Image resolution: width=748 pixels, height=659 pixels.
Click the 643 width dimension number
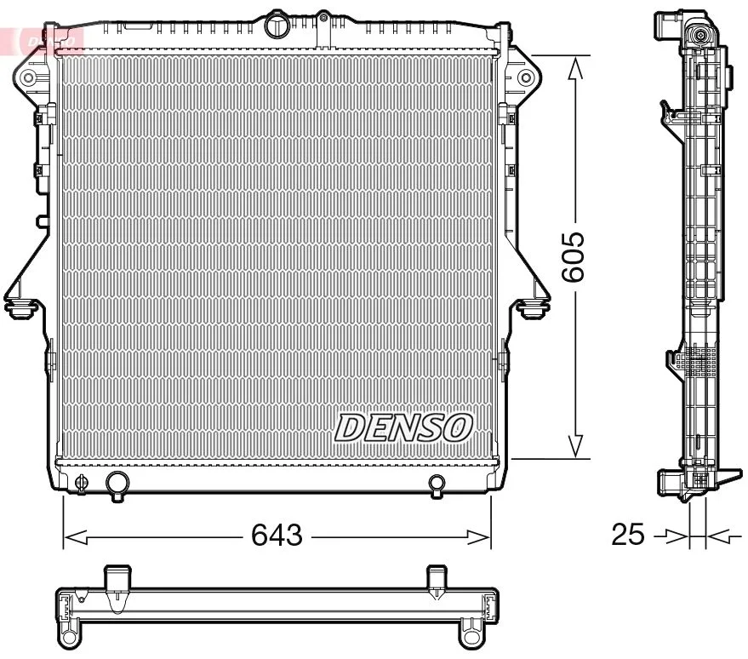pos(277,536)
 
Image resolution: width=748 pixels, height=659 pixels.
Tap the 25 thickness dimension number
pos(627,536)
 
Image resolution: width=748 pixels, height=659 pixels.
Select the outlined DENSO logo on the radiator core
pos(403,427)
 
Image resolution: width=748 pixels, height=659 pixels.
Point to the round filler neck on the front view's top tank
pos(277,25)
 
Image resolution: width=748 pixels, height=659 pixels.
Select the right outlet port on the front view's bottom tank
pos(437,484)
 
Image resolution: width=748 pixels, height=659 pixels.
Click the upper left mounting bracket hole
pos(28,79)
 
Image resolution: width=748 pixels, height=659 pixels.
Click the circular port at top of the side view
pos(699,35)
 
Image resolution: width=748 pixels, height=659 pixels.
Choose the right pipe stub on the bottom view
pos(437,578)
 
